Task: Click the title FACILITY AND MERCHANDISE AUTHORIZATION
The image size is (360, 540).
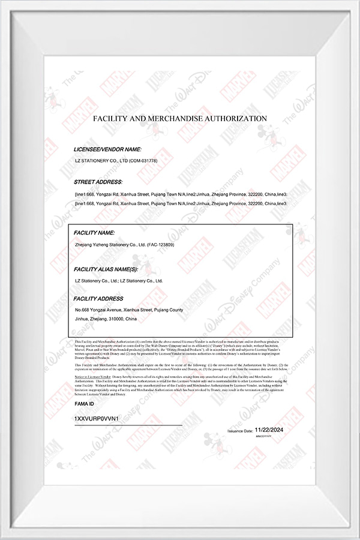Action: pyautogui.click(x=180, y=119)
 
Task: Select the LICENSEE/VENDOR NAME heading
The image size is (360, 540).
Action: pyautogui.click(x=107, y=148)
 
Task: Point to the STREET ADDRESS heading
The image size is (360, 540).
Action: pyautogui.click(x=98, y=181)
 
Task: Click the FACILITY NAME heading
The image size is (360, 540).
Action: pyautogui.click(x=94, y=232)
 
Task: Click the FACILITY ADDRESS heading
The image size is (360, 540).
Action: pyautogui.click(x=98, y=298)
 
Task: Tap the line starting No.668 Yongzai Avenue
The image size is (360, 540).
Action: pyautogui.click(x=128, y=310)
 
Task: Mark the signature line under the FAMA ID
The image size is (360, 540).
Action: pyautogui.click(x=128, y=425)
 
